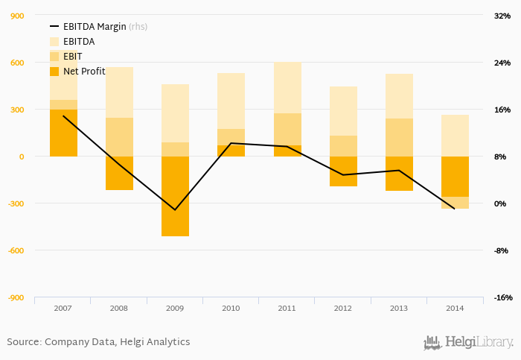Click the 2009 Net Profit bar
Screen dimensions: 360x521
[x=175, y=196]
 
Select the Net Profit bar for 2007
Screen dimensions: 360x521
[x=63, y=133]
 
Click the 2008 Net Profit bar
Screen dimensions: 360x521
[x=119, y=173]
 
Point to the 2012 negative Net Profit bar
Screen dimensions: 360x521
[x=343, y=171]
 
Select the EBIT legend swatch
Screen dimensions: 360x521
[x=54, y=57]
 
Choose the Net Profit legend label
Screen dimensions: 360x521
[x=84, y=72]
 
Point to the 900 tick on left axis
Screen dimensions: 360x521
[x=16, y=16]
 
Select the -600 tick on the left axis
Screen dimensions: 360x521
[x=14, y=250]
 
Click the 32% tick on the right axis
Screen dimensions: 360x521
[x=502, y=16]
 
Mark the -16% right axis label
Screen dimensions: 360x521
[x=502, y=297]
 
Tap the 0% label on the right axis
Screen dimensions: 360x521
[x=502, y=203]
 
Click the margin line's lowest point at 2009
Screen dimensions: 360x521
[x=175, y=210]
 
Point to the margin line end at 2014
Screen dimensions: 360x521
[x=455, y=209]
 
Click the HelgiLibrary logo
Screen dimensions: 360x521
[x=468, y=343]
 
